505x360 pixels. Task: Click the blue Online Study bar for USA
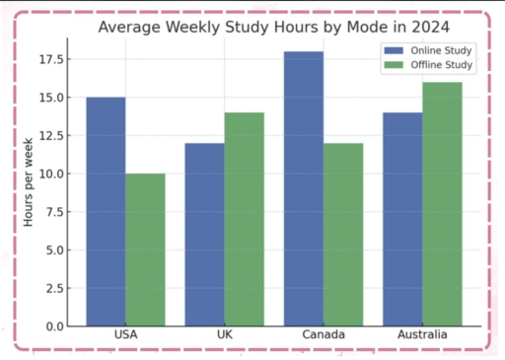coord(106,211)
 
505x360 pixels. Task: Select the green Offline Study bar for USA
coord(145,250)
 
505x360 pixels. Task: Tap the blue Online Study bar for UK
coord(204,234)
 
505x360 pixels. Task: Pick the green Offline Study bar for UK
coord(244,219)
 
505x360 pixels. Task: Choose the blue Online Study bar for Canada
coord(303,188)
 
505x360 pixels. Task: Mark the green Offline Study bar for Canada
coord(342,234)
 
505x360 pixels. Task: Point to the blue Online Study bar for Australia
coord(401,219)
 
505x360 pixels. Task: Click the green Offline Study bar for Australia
coord(441,203)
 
